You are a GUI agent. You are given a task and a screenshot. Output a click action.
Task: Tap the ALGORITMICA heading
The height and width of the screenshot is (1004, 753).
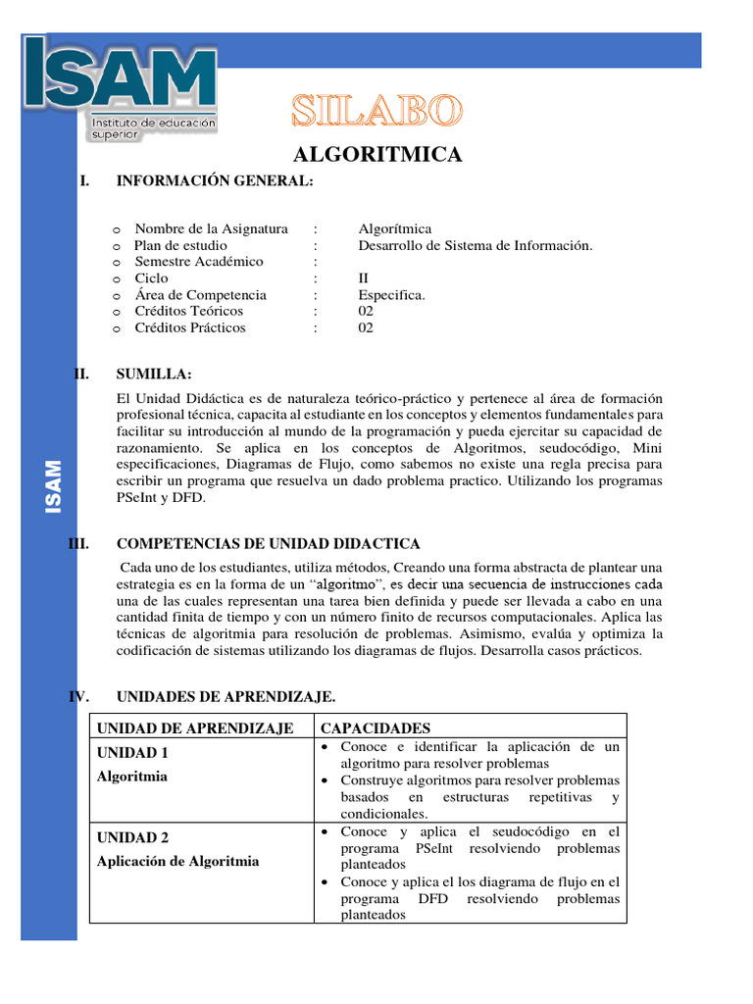point(377,155)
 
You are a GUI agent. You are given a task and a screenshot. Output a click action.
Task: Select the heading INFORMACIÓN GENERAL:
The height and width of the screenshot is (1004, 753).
point(215,180)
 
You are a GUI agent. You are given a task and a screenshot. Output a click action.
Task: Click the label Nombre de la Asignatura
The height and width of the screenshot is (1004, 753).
point(211,228)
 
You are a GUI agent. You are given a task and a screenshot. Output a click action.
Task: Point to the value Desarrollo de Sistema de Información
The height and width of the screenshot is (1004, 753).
point(475,245)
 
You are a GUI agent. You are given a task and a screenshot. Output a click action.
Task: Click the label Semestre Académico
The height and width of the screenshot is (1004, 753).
point(199,262)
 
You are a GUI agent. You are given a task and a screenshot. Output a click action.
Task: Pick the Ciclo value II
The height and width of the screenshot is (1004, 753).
point(365,278)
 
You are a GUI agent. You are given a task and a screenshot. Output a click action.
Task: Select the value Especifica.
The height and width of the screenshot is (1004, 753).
point(391,295)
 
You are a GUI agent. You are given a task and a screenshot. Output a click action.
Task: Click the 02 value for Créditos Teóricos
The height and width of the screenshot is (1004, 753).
point(366,311)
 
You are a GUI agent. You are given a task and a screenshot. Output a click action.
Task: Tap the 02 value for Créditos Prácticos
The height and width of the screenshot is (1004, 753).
point(366,327)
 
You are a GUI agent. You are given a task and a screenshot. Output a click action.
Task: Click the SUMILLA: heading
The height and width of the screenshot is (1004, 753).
point(154,375)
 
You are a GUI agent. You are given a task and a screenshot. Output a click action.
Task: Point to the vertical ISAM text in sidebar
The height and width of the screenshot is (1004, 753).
point(52,486)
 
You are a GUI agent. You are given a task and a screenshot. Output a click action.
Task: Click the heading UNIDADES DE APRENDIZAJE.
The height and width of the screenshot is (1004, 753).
point(226,697)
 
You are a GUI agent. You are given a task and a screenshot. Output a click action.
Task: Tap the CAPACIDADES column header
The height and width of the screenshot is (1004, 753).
point(376,728)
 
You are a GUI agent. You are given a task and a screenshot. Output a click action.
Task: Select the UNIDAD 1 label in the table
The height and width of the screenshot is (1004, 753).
point(132,753)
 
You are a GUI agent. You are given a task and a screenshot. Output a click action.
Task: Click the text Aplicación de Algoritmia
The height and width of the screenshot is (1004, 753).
point(177,861)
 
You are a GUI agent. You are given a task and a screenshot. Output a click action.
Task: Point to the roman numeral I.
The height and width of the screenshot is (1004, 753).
point(86,180)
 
